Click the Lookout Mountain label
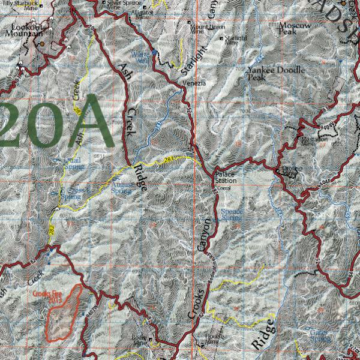click(x=28, y=31)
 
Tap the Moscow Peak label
click(x=295, y=28)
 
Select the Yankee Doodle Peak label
click(x=275, y=73)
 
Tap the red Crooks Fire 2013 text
click(x=47, y=296)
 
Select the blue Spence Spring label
click(x=232, y=214)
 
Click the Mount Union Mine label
click(x=207, y=29)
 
